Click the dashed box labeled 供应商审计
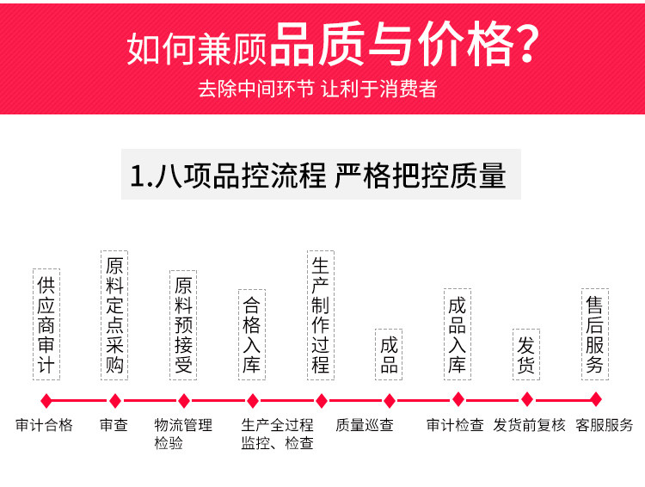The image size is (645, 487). coord(46,324)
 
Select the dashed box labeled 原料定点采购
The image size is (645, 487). coord(114,314)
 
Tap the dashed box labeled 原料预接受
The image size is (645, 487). coord(183,324)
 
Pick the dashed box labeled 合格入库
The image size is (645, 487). coord(252,334)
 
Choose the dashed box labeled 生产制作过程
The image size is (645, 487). coord(320,314)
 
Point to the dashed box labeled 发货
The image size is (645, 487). coord(526,354)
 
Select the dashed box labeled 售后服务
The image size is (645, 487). coord(595,334)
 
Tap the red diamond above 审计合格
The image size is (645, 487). coord(46,400)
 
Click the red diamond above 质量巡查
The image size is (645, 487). coord(389,400)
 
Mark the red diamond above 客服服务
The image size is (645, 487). coord(595,399)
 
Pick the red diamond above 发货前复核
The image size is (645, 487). coord(527,399)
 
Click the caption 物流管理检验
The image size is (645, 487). coord(182,434)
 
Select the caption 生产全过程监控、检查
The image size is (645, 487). coord(277,434)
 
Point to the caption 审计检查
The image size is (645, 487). coord(455,425)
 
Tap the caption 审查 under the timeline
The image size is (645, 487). coord(114,425)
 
